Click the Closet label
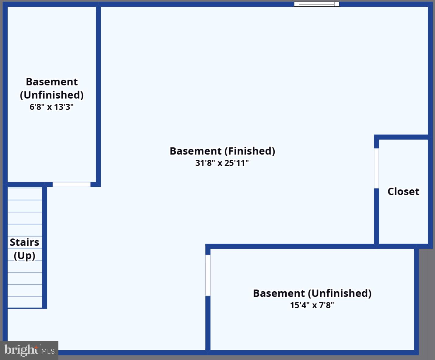pos(403,192)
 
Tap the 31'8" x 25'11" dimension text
pos(222,163)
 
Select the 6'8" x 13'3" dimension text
pos(51,107)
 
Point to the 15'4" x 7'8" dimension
pos(312,305)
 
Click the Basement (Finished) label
pos(222,151)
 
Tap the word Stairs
pos(24,242)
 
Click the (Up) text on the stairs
pos(24,255)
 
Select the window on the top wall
pos(316,4)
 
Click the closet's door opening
pos(376,168)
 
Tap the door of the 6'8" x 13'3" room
pos(71,185)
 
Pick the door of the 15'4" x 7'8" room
pos(208,275)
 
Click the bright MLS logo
pos(29,350)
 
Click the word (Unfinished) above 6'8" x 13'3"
pos(52,95)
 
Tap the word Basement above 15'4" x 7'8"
pos(279,293)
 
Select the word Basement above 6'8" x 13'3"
pos(52,82)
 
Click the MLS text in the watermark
pos(48,351)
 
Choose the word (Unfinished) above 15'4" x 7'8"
pos(340,293)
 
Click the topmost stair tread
pos(25,194)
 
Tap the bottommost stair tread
pos(25,302)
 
